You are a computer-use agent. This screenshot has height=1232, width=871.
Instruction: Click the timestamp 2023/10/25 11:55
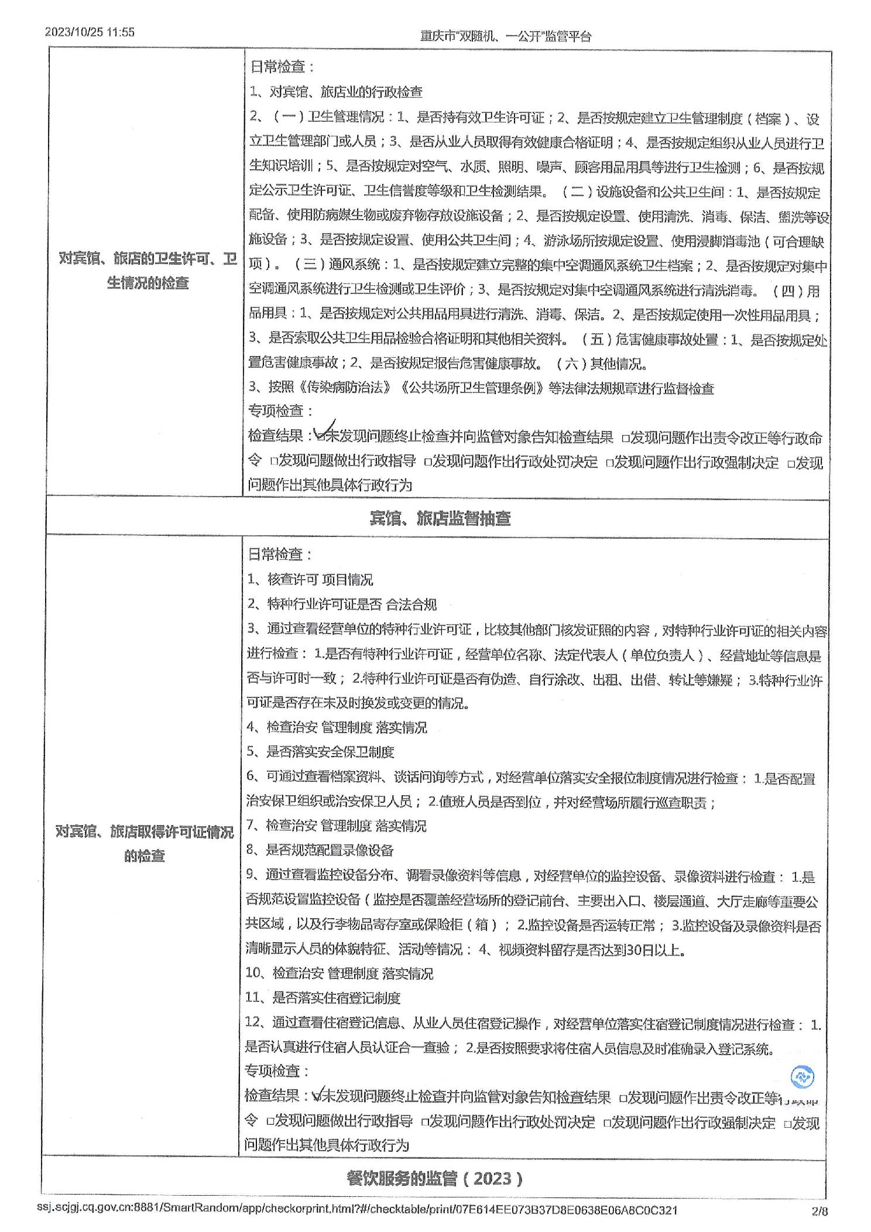coord(90,32)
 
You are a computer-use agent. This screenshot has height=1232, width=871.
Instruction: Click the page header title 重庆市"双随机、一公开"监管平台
coord(506,36)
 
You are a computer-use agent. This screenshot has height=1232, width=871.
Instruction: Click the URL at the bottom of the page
coord(357,1209)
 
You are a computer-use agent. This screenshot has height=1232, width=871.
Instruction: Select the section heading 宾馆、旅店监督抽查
coord(440,518)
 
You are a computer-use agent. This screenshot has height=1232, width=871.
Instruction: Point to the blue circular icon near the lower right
coord(802,1076)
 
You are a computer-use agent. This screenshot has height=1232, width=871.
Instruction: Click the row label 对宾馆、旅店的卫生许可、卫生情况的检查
coord(147,271)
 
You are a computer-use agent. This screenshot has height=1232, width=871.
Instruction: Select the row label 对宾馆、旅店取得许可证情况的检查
coord(145,843)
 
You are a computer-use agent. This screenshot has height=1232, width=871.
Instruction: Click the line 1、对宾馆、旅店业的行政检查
coord(336,92)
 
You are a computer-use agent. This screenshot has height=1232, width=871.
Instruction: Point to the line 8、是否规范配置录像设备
coord(320,850)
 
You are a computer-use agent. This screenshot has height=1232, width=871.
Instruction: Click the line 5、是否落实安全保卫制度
coord(320,752)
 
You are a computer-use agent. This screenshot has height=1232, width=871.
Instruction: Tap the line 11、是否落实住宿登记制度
coord(323,998)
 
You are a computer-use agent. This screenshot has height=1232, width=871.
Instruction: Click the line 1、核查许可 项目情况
coord(310,580)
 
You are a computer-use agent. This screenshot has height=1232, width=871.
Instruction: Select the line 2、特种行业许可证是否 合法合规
coord(341,604)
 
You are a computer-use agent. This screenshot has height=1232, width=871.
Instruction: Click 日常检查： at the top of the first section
coord(282,67)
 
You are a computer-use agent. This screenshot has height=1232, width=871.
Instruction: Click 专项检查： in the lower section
coord(276,1071)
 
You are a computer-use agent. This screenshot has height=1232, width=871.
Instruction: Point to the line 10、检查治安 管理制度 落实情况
coord(339,973)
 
